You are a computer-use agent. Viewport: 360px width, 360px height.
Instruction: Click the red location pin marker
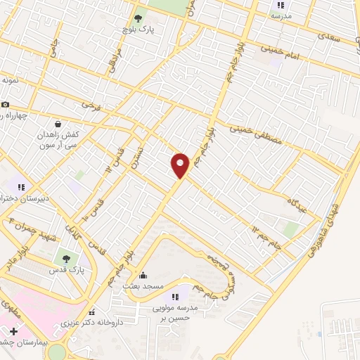180,165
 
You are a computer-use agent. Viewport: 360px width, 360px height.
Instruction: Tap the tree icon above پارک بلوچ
138,19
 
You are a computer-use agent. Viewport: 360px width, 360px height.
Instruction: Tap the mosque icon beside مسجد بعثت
143,276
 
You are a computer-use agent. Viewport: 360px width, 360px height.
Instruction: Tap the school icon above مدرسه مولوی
175,297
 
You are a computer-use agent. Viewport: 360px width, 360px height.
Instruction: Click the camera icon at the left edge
5,104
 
